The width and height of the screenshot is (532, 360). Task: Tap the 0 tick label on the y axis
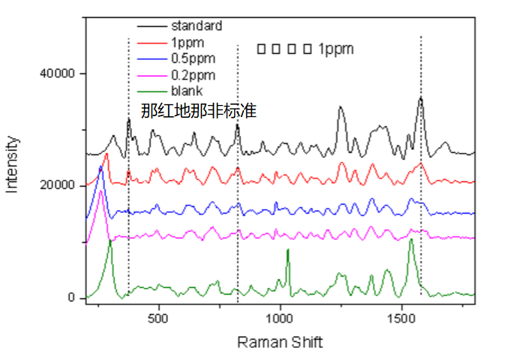71,298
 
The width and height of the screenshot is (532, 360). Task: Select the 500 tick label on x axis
159,319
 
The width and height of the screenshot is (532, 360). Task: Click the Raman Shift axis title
280,342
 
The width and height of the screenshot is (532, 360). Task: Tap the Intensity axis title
13,163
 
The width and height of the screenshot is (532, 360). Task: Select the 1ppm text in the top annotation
335,49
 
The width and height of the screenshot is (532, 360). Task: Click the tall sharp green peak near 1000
287,250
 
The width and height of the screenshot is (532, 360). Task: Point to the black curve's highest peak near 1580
421,97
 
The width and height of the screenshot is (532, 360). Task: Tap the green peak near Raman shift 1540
410,239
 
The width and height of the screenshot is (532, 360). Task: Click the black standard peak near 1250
341,107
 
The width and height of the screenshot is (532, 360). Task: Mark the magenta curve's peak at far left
101,192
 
